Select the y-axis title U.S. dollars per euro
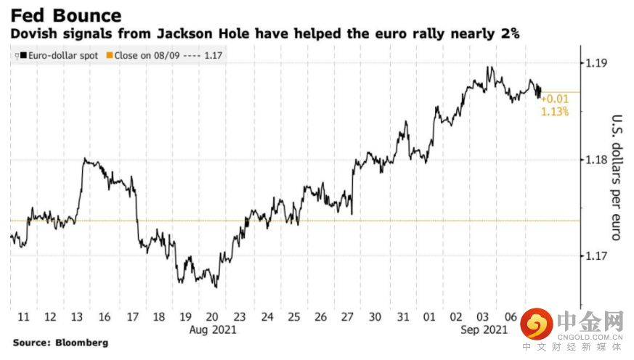(615, 179)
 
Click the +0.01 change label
(555, 99)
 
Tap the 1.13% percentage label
(555, 112)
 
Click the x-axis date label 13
(78, 317)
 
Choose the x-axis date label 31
(403, 317)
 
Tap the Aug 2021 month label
(213, 330)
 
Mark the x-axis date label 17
(131, 317)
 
